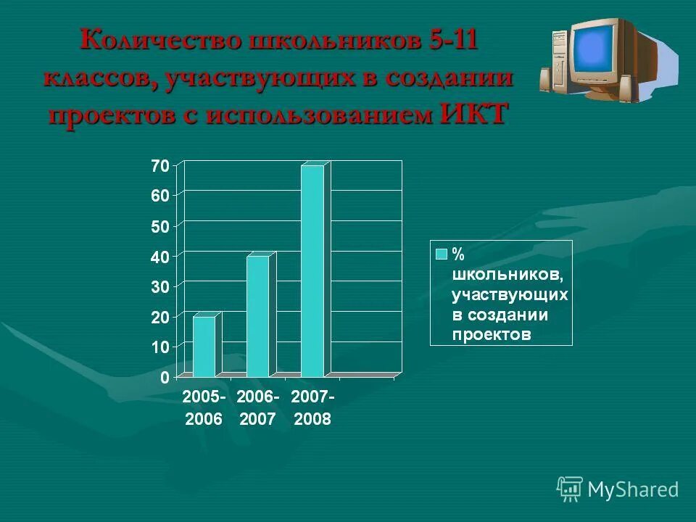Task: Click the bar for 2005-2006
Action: [204, 347]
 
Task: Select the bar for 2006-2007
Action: [257, 316]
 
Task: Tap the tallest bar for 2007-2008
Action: [312, 271]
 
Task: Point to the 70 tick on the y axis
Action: [160, 165]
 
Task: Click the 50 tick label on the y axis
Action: [160, 226]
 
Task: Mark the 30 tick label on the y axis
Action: [160, 286]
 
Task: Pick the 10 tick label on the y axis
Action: [160, 347]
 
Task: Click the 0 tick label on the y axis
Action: [165, 377]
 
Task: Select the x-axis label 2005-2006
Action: [204, 408]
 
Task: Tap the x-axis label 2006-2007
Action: [257, 408]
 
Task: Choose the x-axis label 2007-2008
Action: [312, 408]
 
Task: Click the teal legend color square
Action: [441, 254]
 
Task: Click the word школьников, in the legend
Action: [505, 275]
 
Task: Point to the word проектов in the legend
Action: [492, 334]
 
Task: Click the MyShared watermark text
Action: [632, 489]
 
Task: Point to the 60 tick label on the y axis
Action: [160, 195]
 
